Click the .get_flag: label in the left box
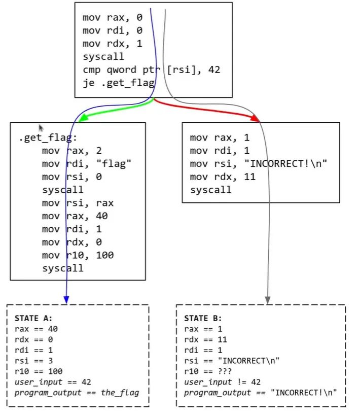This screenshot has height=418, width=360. click(x=47, y=138)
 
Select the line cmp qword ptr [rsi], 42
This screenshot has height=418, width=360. click(x=152, y=70)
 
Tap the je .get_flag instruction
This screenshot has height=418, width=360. click(x=119, y=83)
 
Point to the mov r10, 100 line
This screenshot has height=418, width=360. click(x=78, y=255)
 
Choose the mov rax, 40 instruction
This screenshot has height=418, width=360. click(x=75, y=216)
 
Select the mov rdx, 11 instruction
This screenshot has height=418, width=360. click(x=223, y=177)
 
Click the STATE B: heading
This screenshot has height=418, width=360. click(x=203, y=318)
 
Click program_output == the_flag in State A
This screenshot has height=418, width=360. click(x=76, y=393)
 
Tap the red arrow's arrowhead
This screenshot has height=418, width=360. click(x=255, y=119)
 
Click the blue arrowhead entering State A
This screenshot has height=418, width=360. click(x=66, y=300)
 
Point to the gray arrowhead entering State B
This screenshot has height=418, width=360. click(x=268, y=300)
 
